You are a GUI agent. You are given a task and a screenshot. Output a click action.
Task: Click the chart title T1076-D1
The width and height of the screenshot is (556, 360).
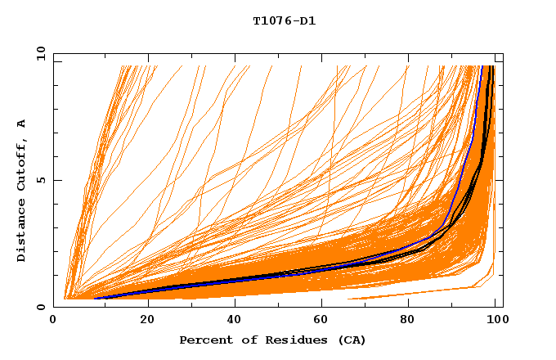[x=284, y=20]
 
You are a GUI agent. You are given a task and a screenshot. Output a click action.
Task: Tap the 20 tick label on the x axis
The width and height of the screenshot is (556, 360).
[x=147, y=320]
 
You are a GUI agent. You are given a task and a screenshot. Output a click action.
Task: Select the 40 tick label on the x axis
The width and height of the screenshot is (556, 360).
[x=235, y=320]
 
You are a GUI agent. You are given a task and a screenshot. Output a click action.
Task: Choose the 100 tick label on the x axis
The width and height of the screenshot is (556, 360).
[x=495, y=320]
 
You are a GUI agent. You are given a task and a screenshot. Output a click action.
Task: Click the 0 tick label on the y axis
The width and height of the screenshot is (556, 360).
[x=41, y=307]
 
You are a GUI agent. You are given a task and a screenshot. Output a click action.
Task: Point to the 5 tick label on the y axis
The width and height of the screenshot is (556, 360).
[x=41, y=180]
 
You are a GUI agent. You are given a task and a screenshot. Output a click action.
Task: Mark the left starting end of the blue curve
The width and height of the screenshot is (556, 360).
[x=96, y=299]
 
